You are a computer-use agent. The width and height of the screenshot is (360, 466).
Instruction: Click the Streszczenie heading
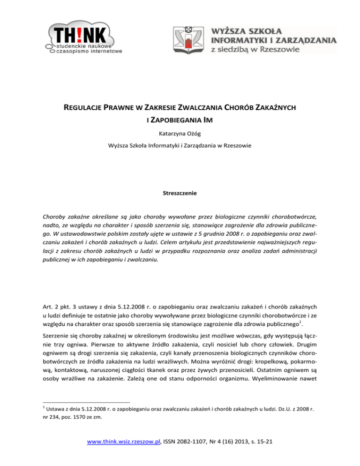(180, 193)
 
